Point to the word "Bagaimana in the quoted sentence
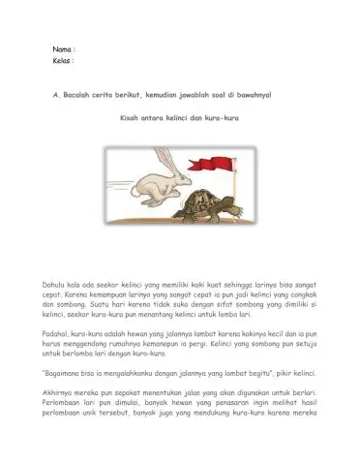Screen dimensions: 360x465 (x=63, y=372)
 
